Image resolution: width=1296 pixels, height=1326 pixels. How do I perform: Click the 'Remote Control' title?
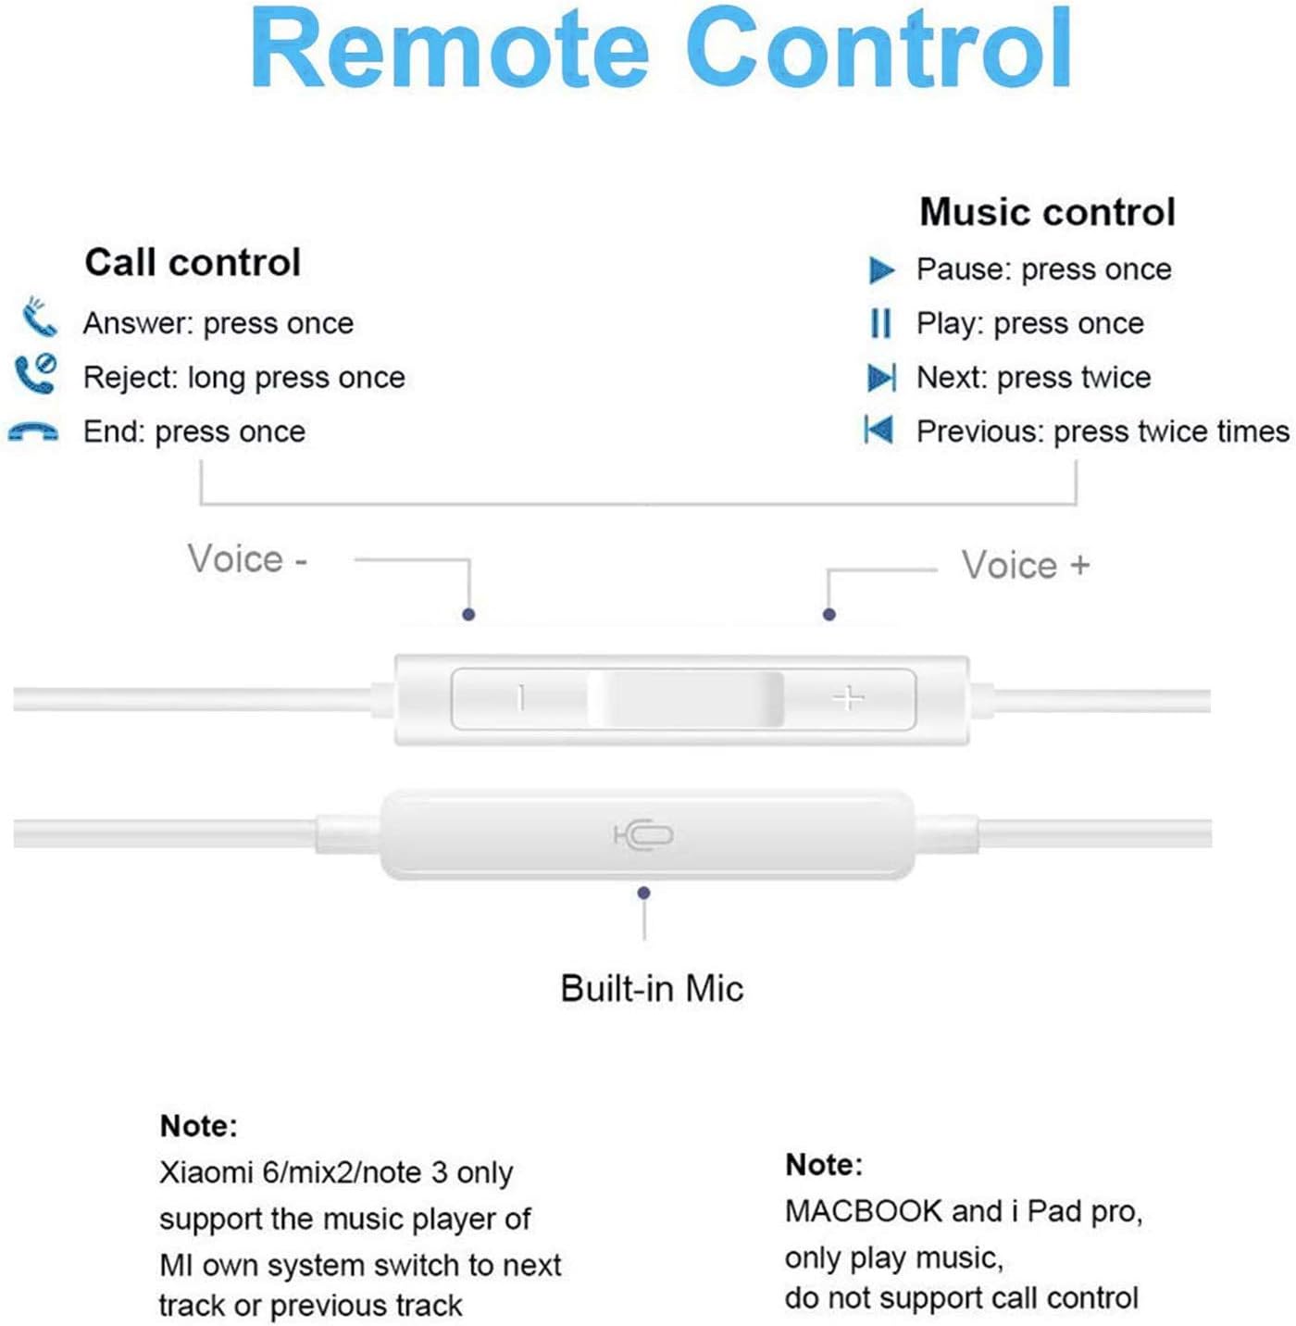(661, 48)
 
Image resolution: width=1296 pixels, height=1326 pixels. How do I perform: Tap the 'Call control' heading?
(193, 262)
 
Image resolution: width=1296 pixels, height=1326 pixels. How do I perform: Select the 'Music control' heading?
(1047, 212)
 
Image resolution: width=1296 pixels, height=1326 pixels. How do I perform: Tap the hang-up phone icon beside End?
(32, 432)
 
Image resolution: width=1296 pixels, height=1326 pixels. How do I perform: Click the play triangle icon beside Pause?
(882, 269)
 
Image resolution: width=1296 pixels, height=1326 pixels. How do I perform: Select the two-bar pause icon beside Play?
(880, 323)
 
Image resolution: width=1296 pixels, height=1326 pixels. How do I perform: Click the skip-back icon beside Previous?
(879, 430)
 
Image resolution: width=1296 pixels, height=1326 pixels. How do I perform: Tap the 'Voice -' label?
(247, 559)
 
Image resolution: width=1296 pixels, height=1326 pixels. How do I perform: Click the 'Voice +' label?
(1026, 565)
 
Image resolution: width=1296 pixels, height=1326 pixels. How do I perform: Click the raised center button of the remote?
(685, 698)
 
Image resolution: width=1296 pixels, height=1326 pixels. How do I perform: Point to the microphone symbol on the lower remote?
(642, 835)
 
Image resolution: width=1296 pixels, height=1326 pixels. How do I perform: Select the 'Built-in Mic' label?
(652, 989)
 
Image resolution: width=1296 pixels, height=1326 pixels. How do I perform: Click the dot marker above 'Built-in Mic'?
(643, 893)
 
